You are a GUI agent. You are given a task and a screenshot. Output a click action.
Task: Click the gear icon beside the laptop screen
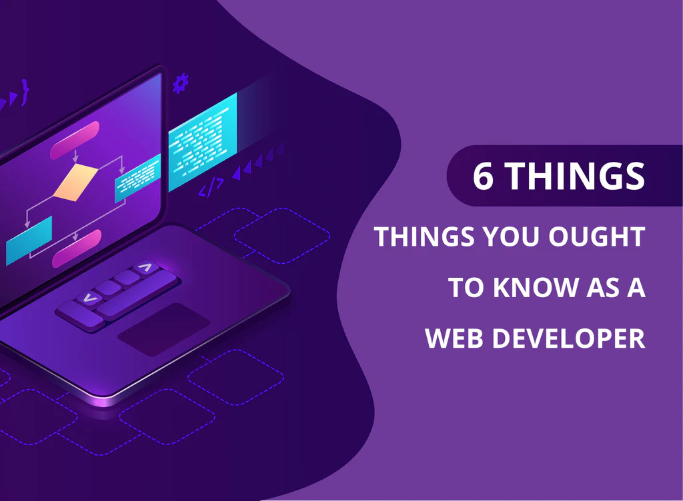(180, 83)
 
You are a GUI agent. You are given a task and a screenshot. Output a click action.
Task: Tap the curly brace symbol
(25, 91)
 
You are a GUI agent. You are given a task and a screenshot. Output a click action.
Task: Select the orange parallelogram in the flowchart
(75, 183)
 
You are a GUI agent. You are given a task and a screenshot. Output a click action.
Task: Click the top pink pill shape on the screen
(75, 140)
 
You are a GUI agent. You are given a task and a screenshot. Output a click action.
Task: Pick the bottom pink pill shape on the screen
(77, 249)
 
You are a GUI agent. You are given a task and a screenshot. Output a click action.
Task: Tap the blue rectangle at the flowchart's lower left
(29, 241)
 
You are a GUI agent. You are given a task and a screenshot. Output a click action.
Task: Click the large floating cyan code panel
(203, 142)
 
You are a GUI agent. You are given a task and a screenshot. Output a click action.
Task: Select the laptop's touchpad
(164, 329)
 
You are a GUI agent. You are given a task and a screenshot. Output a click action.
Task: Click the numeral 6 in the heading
(484, 176)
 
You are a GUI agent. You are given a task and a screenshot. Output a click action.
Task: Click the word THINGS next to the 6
(575, 176)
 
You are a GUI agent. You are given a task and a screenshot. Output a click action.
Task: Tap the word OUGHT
(596, 237)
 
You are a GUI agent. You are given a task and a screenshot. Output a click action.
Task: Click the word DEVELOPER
(568, 338)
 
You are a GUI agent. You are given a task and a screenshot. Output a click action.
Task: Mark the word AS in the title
(603, 287)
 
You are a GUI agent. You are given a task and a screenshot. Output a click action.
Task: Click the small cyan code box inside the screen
(137, 178)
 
